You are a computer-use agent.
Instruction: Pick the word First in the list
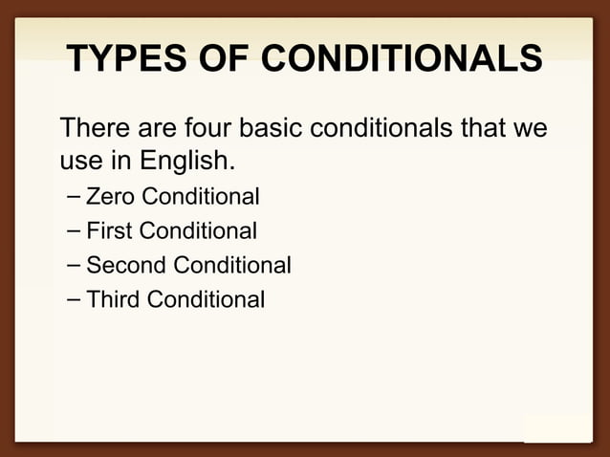[x=109, y=230]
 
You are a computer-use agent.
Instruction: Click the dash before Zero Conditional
[x=74, y=198]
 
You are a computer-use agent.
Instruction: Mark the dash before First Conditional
[x=74, y=231]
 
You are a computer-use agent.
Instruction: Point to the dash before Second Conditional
[x=74, y=266]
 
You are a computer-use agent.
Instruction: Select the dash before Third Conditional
[x=74, y=300]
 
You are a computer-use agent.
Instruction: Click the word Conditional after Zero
[x=200, y=197]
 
